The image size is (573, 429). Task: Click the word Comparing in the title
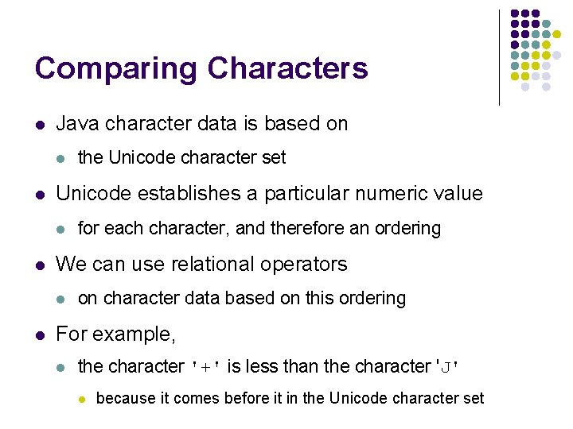point(117,69)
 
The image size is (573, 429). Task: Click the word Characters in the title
point(288,68)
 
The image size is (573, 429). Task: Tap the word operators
point(307,264)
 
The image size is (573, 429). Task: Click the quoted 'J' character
point(447,367)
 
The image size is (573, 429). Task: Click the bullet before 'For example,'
point(39,334)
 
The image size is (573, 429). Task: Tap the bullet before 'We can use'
point(39,265)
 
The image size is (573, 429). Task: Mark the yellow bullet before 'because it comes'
point(81,399)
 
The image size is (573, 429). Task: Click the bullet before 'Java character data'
point(39,125)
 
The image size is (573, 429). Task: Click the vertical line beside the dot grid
point(499,57)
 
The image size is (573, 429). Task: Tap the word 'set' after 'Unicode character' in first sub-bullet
point(274,157)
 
